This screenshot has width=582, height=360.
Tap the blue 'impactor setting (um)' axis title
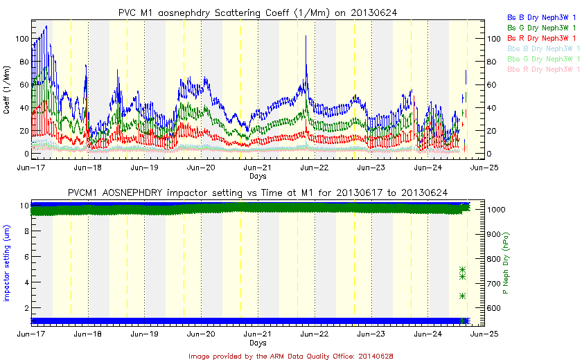(x=7, y=263)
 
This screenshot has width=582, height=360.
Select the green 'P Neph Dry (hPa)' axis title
(x=505, y=263)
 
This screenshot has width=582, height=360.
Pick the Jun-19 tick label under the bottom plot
(x=144, y=334)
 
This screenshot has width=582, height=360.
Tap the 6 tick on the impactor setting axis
(x=25, y=257)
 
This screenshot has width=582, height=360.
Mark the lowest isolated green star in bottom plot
(x=461, y=296)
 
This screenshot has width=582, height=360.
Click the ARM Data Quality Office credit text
(x=290, y=355)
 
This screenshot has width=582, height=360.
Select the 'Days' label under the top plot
(x=258, y=177)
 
